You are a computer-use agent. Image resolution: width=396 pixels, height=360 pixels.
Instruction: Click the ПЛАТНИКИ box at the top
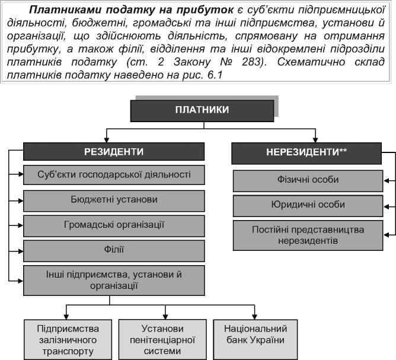pyautogui.click(x=202, y=110)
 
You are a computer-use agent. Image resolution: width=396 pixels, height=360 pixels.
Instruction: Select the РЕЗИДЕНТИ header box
pyautogui.click(x=114, y=152)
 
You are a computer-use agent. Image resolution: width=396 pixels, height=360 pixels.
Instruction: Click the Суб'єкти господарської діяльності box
pyautogui.click(x=114, y=175)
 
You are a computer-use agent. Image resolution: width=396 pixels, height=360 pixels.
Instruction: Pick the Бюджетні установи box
pyautogui.click(x=114, y=200)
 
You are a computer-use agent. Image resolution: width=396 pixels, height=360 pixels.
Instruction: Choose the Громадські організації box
pyautogui.click(x=114, y=225)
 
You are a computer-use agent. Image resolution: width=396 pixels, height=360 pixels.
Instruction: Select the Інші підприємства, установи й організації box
pyautogui.click(x=114, y=280)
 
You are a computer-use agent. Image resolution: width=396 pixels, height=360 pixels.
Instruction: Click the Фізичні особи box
pyautogui.click(x=308, y=180)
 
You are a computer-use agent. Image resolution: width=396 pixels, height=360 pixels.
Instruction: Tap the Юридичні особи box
pyautogui.click(x=308, y=205)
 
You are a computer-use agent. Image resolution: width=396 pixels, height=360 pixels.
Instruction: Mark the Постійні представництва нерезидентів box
pyautogui.click(x=308, y=235)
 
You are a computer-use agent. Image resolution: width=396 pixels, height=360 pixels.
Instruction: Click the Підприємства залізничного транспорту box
pyautogui.click(x=68, y=339)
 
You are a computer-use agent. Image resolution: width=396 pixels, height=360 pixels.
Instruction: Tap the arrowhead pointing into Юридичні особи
pyautogui.click(x=387, y=205)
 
